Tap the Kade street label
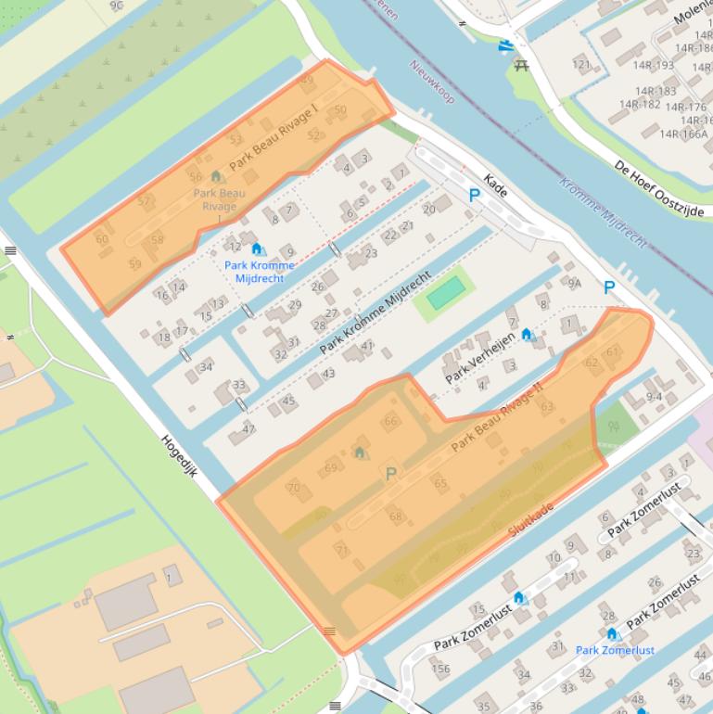click(x=496, y=186)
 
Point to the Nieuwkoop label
click(x=432, y=81)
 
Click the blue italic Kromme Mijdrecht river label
click(x=604, y=212)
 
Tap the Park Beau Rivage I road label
click(x=274, y=135)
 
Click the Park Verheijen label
click(x=480, y=358)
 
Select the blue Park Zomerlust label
click(x=615, y=650)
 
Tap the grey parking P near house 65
click(x=391, y=474)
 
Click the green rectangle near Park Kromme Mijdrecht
click(x=444, y=294)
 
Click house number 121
click(x=581, y=65)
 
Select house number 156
click(x=440, y=669)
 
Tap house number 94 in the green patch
click(x=612, y=427)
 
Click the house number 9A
click(x=575, y=284)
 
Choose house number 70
click(x=294, y=487)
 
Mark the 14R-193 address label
click(x=654, y=65)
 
